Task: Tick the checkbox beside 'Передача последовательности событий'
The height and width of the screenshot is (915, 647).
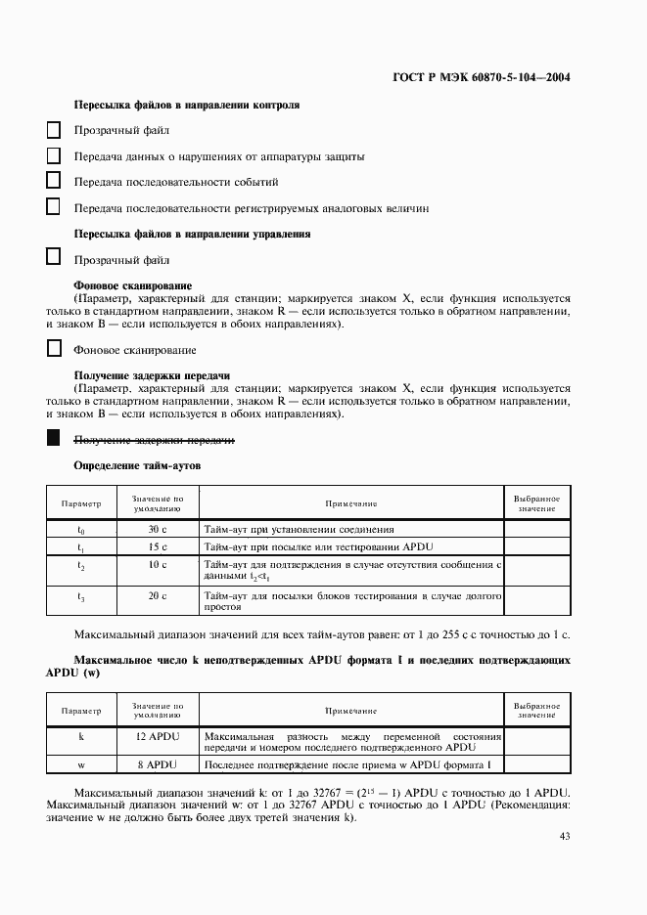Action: pyautogui.click(x=54, y=181)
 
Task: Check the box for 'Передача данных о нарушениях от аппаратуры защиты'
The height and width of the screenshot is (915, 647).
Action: pyautogui.click(x=54, y=155)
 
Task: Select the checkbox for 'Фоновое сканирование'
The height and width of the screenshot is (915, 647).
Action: pyautogui.click(x=54, y=349)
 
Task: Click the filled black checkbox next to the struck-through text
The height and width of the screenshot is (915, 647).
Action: pyautogui.click(x=54, y=440)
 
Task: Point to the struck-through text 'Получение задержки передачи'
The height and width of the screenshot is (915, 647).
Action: pyautogui.click(x=154, y=441)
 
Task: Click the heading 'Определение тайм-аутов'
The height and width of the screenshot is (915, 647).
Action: pyautogui.click(x=137, y=466)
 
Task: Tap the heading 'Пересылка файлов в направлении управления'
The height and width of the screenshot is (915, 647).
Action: pyautogui.click(x=193, y=235)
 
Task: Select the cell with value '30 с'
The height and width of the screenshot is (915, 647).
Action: pyautogui.click(x=158, y=529)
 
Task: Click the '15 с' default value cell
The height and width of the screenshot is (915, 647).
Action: pyautogui.click(x=158, y=546)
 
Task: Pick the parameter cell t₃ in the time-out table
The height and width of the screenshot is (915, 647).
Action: pyautogui.click(x=81, y=595)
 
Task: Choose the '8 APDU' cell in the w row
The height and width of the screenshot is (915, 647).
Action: pyautogui.click(x=158, y=763)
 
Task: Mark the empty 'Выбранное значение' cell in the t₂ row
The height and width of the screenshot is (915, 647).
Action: pyautogui.click(x=536, y=570)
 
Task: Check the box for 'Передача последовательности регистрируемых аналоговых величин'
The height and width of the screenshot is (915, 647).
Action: pyautogui.click(x=54, y=207)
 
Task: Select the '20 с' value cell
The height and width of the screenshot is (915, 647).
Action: pyautogui.click(x=158, y=595)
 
